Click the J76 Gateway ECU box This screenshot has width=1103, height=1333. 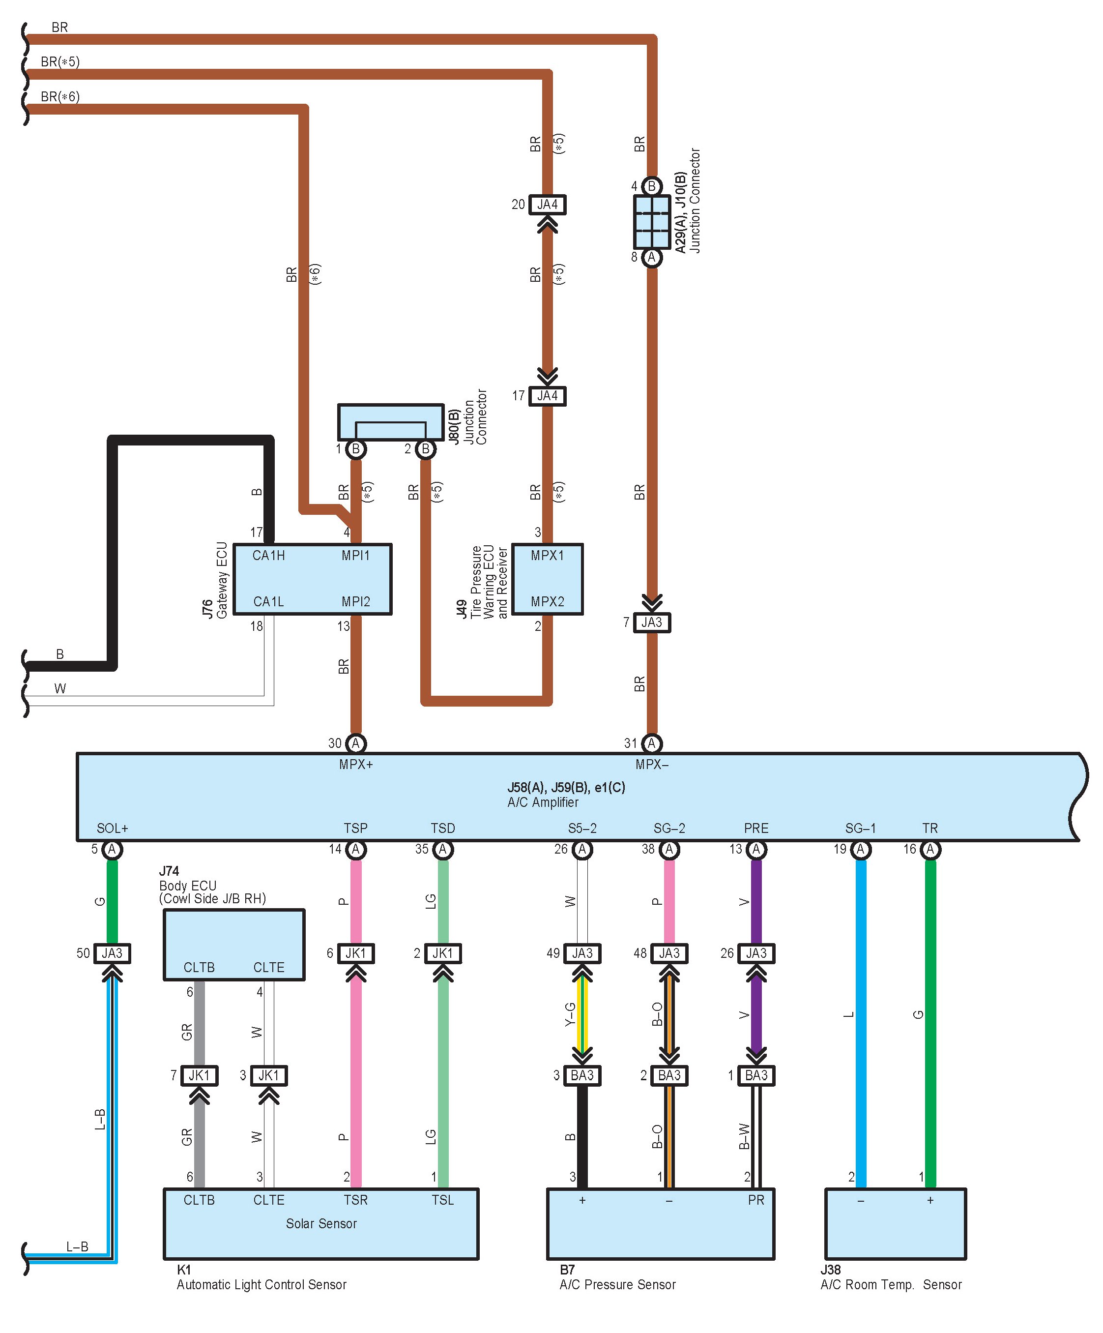click(312, 579)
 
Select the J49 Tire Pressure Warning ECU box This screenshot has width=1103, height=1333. click(547, 579)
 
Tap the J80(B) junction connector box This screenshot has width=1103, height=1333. click(390, 422)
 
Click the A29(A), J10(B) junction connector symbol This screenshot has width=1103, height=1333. click(652, 222)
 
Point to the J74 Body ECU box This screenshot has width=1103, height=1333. click(234, 945)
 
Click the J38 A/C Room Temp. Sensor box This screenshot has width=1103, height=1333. click(896, 1223)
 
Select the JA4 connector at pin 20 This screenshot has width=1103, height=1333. click(547, 205)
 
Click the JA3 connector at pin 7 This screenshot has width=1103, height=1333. click(652, 622)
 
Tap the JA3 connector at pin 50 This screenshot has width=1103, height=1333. click(113, 953)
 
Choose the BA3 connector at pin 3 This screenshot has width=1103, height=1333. click(582, 1075)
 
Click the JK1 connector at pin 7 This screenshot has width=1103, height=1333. click(199, 1075)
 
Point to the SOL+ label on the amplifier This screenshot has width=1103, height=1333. click(113, 829)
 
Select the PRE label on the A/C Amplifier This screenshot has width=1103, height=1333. click(756, 829)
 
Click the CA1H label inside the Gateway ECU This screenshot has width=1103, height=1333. click(268, 556)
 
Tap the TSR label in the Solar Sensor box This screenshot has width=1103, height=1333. click(355, 1200)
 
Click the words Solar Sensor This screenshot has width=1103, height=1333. click(321, 1223)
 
